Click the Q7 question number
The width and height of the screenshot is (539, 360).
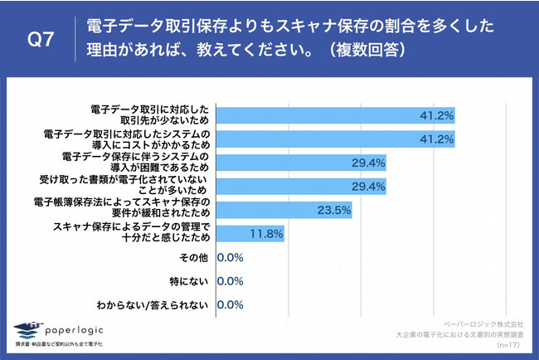41,38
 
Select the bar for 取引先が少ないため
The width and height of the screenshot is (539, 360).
336,114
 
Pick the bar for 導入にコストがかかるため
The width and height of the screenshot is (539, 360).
336,139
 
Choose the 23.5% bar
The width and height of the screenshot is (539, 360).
284,210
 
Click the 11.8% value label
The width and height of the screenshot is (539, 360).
267,234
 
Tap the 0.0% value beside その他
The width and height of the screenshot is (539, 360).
230,257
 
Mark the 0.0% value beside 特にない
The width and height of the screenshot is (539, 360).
230,281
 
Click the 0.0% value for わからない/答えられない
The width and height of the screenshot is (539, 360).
230,305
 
